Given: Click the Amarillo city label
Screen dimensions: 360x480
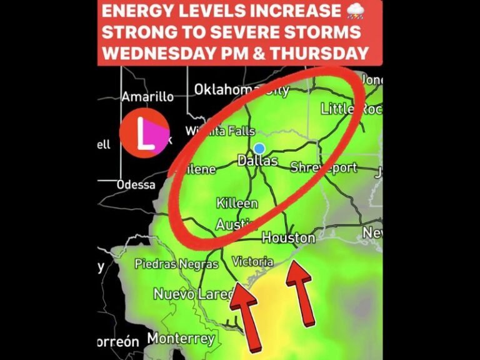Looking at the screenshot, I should coord(147,97).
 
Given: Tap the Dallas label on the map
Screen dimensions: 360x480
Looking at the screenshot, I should coord(257,161).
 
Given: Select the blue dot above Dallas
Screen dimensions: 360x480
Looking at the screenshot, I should coord(259,149).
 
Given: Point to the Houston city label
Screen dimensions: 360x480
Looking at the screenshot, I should coord(288,238).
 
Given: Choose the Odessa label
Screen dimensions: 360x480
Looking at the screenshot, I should coord(136,184).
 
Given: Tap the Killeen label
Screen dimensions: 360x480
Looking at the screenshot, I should coord(237,204).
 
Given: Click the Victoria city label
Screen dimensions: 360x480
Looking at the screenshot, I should coord(252,261).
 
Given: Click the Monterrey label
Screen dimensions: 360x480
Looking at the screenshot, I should coord(181,339).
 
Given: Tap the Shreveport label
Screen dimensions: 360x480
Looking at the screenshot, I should coord(324,167).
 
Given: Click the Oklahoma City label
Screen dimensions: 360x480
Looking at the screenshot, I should coord(241,90).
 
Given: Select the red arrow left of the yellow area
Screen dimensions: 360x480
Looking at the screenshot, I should coord(246,315).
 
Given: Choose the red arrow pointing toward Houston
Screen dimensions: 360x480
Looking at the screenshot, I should coord(301,292).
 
